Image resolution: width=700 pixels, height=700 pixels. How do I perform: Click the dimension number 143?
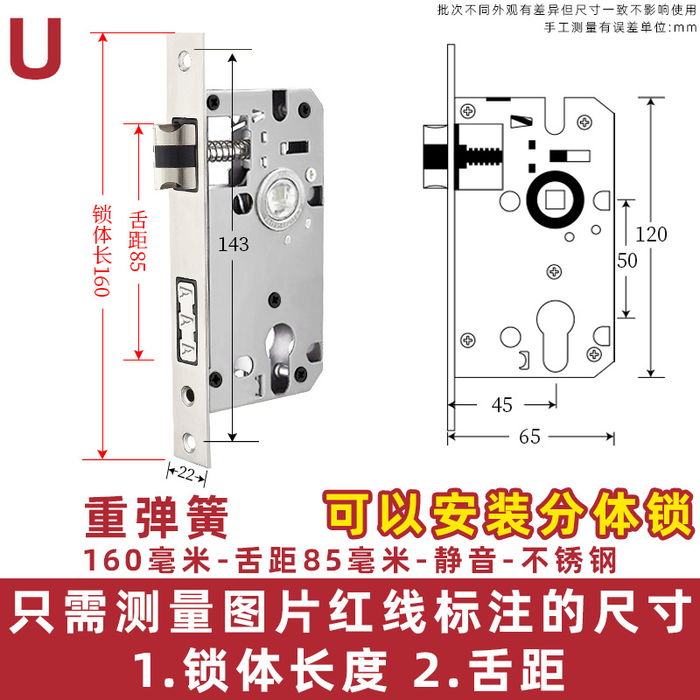coord(235,244)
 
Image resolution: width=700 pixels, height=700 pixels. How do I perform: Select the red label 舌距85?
coord(136,241)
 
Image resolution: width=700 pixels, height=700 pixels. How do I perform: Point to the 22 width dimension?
coord(186,472)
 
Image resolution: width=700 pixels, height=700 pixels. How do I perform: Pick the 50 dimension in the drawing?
coord(626,261)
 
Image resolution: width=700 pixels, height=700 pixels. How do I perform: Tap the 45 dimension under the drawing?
coord(502,405)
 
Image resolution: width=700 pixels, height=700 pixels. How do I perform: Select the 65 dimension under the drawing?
coord(530,437)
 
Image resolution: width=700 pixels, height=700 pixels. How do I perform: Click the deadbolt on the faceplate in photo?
coord(188,320)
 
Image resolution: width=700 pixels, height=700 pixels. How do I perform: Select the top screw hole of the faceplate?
coord(185,62)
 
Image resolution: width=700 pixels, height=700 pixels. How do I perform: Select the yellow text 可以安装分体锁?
coord(504,513)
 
